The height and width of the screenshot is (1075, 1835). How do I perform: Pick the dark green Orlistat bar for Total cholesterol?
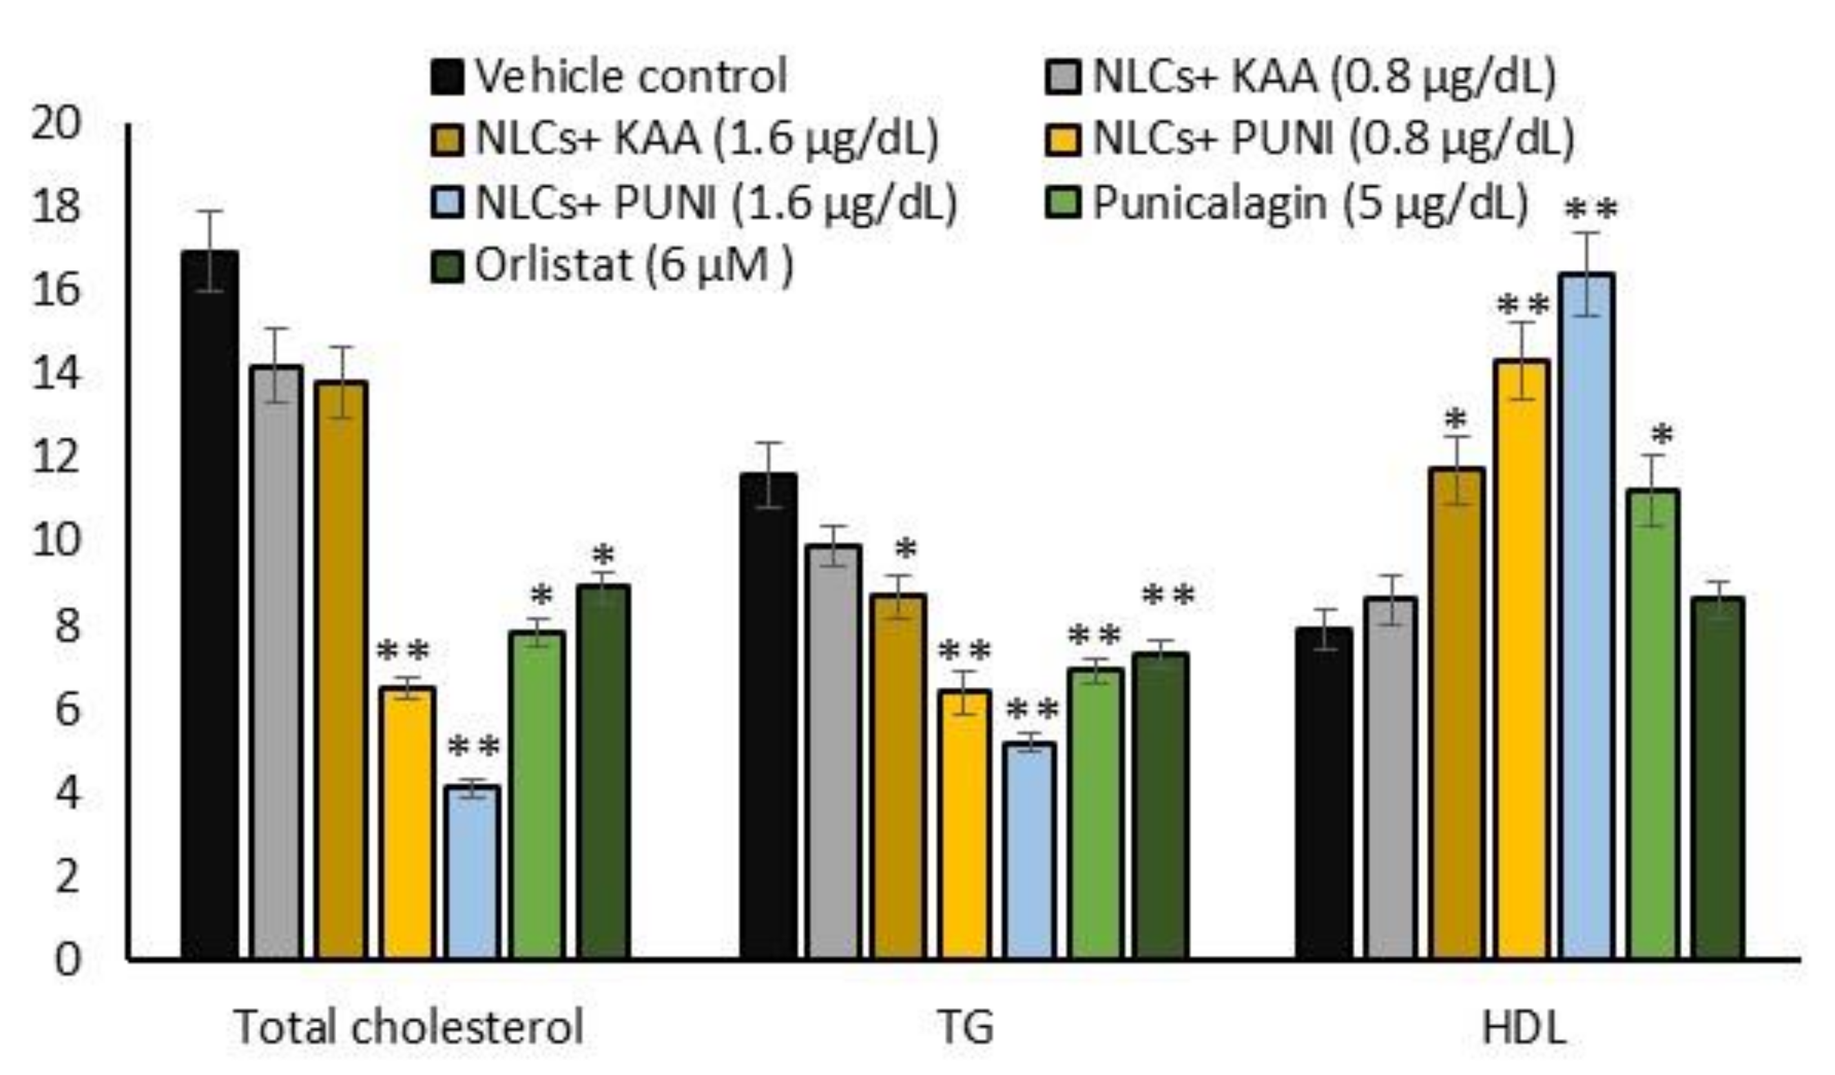coord(603,772)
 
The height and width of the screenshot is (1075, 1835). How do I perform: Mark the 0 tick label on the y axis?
coord(67,960)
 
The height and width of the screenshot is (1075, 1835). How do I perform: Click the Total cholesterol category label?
coord(409,1027)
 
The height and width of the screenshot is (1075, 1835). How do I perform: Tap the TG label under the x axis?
coord(966,1027)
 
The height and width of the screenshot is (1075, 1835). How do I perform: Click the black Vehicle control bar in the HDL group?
coord(1324,794)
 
